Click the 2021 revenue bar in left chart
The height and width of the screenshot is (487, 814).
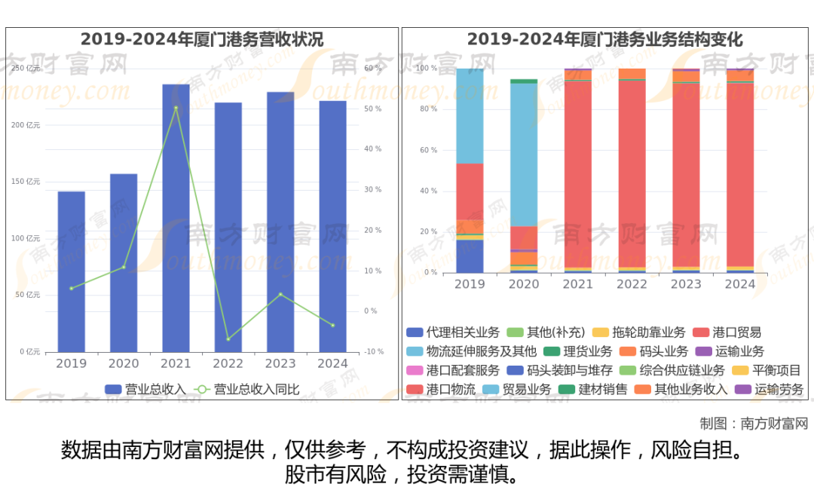point(176,218)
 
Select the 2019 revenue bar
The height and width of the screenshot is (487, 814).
point(72,271)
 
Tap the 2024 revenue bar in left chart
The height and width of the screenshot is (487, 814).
point(332,226)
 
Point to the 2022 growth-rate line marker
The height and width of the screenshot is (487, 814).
point(228,339)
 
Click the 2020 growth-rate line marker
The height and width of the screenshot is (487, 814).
point(124,267)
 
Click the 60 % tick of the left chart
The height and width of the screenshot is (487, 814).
point(373,69)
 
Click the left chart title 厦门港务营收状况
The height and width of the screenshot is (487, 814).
point(202,39)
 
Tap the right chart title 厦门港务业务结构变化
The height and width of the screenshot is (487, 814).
point(604,39)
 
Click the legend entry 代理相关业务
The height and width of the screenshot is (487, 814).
point(453,332)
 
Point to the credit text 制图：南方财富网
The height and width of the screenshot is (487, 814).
point(753,423)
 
